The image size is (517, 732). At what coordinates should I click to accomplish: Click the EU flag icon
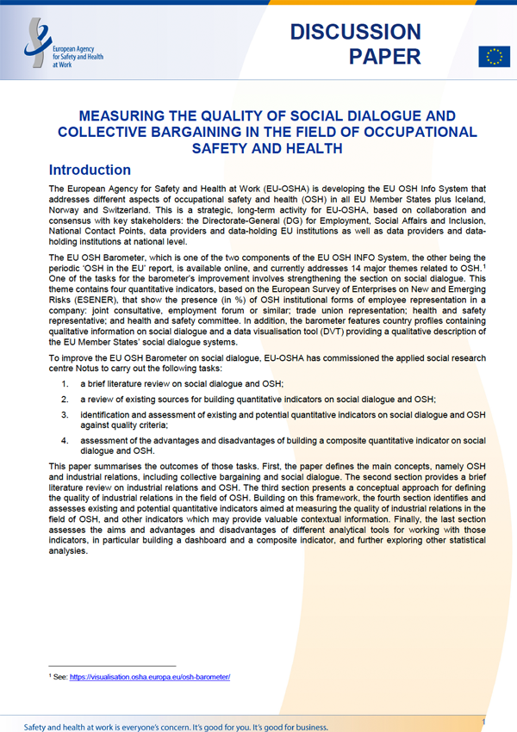click(x=494, y=57)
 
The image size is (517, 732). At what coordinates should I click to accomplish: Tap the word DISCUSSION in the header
click(x=356, y=33)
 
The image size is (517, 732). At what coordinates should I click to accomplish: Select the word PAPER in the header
click(x=385, y=58)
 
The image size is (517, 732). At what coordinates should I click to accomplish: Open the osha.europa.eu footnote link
click(x=150, y=677)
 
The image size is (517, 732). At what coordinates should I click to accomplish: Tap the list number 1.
click(x=65, y=382)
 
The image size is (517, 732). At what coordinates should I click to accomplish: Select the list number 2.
click(x=65, y=400)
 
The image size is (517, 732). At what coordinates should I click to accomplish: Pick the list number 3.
click(x=65, y=416)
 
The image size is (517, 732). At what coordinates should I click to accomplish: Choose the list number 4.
click(x=65, y=441)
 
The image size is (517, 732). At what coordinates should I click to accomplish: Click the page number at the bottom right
click(x=484, y=721)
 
